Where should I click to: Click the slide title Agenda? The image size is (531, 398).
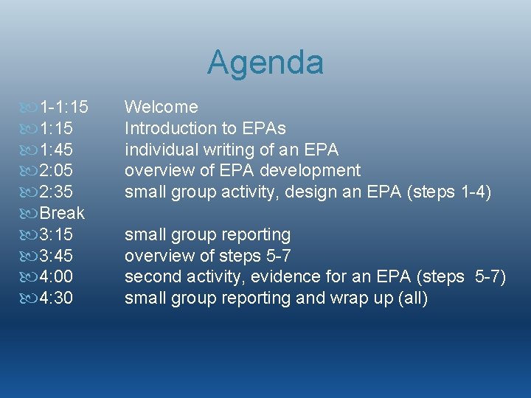pos(265,63)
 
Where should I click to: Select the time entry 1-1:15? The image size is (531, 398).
pos(63,108)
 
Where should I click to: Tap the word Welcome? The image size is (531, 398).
pos(161,108)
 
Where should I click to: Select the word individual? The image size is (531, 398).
pos(160,150)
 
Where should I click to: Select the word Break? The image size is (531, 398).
pos(62,214)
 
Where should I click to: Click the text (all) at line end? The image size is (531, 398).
pos(412,298)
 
